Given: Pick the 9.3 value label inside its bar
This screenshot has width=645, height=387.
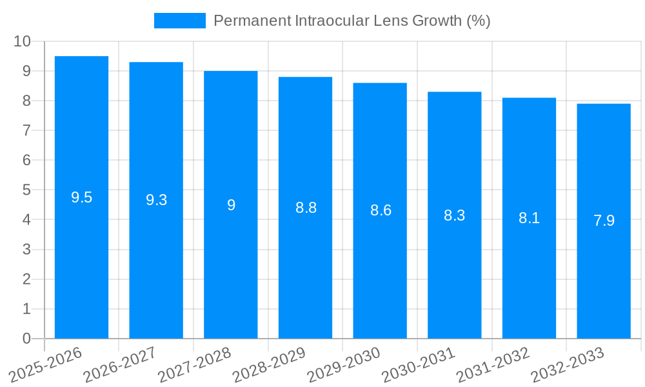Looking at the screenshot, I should tap(156, 200).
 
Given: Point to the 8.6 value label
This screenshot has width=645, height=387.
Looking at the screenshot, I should tap(381, 210).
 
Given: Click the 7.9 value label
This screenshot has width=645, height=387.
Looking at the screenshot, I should tap(604, 221).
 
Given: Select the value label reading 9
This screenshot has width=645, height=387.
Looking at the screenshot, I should tap(231, 205).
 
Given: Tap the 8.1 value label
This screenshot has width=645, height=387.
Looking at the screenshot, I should tap(529, 218).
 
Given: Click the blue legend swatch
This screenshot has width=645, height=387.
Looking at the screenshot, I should tap(179, 21).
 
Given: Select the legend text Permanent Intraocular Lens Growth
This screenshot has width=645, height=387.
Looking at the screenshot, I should tap(352, 21).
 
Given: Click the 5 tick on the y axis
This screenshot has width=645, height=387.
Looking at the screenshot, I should tap(26, 190).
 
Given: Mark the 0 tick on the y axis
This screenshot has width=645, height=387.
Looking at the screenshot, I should tap(26, 339).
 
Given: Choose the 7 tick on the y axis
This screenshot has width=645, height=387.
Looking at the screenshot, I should tap(26, 130).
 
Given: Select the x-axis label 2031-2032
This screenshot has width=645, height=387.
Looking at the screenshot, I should tap(493, 364).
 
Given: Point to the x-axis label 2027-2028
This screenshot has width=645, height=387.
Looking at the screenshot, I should tap(194, 364).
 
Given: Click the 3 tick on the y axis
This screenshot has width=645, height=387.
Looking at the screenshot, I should tap(26, 250).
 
